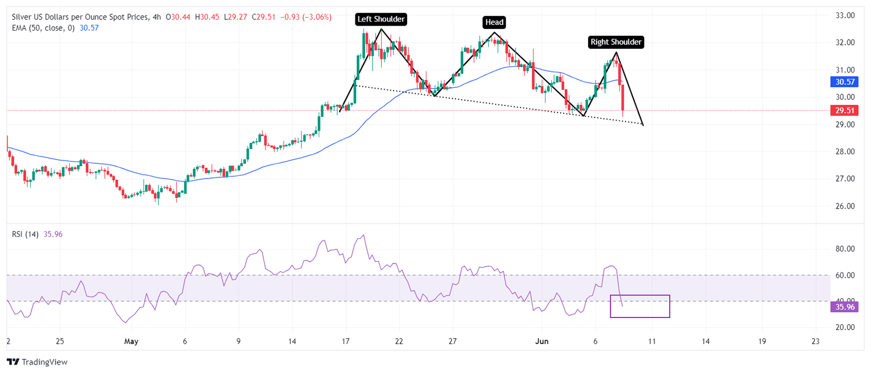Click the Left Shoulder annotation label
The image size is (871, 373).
[x=380, y=19]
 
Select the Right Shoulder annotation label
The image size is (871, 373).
[x=616, y=41]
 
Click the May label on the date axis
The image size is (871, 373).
[x=131, y=341]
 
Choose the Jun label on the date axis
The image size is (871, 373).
[x=542, y=341]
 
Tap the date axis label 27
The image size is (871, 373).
[x=453, y=341]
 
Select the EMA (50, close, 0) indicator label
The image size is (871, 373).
[x=43, y=28]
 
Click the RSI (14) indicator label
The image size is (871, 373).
[x=26, y=234]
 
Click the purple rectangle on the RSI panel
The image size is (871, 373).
[x=640, y=306]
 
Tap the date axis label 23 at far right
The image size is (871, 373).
[x=815, y=341]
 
